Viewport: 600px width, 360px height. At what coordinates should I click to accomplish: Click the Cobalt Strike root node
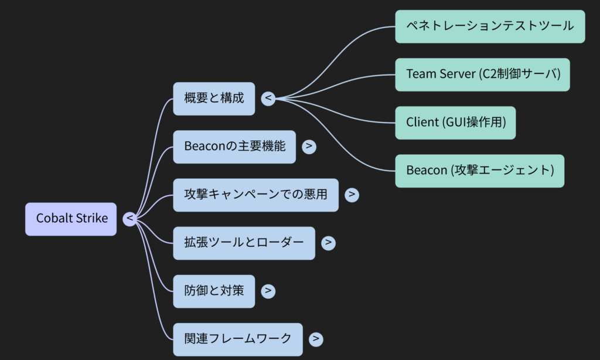click(71, 219)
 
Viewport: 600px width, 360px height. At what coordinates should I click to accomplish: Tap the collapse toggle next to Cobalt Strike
click(130, 219)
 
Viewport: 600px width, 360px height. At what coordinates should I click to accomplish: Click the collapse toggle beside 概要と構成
click(268, 99)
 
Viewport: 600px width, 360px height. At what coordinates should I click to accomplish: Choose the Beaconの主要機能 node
click(234, 147)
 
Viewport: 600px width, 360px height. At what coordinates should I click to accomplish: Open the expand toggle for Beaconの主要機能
click(309, 147)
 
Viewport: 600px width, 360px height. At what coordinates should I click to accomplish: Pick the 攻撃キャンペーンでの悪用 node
click(255, 195)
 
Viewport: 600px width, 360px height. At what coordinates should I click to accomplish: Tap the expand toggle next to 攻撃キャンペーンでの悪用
click(352, 195)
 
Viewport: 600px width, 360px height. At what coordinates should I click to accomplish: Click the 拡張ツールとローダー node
click(244, 243)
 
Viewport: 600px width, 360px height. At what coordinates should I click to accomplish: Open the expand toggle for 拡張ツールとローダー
click(329, 243)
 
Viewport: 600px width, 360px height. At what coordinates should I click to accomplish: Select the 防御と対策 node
click(214, 291)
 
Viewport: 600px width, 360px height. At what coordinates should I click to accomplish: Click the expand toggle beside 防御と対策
click(268, 291)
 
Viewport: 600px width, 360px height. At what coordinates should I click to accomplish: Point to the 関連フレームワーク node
click(238, 339)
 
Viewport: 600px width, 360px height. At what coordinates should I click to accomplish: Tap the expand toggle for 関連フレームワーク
click(316, 339)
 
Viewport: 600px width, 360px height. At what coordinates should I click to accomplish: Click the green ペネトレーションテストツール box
click(490, 26)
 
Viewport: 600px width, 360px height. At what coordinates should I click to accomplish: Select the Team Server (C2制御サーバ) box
click(482, 74)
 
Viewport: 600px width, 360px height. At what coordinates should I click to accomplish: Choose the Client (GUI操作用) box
click(455, 123)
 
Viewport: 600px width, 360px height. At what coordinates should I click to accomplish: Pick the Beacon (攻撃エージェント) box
click(479, 171)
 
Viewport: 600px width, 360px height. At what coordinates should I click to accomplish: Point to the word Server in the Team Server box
click(456, 74)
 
